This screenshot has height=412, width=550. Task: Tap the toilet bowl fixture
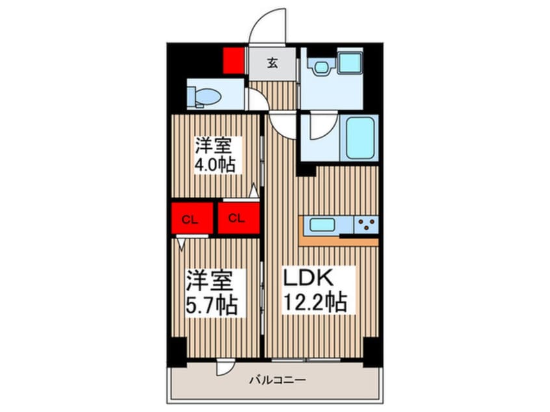click(x=205, y=96)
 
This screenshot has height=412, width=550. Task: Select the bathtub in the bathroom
click(x=360, y=138)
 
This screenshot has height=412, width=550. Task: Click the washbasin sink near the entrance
click(x=321, y=67)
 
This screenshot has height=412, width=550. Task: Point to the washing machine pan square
click(x=350, y=62)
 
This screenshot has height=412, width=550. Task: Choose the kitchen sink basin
click(x=322, y=225)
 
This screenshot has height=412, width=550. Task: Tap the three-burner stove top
click(x=366, y=225)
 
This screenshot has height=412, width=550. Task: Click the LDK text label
click(x=308, y=278)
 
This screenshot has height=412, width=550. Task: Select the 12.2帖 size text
click(x=315, y=302)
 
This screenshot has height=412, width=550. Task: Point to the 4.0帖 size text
click(x=215, y=164)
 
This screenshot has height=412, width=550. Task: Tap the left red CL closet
click(x=192, y=218)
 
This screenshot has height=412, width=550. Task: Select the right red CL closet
click(x=239, y=218)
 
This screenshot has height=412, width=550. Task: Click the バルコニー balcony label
click(x=278, y=380)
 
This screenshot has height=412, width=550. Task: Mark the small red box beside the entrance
click(x=233, y=60)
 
